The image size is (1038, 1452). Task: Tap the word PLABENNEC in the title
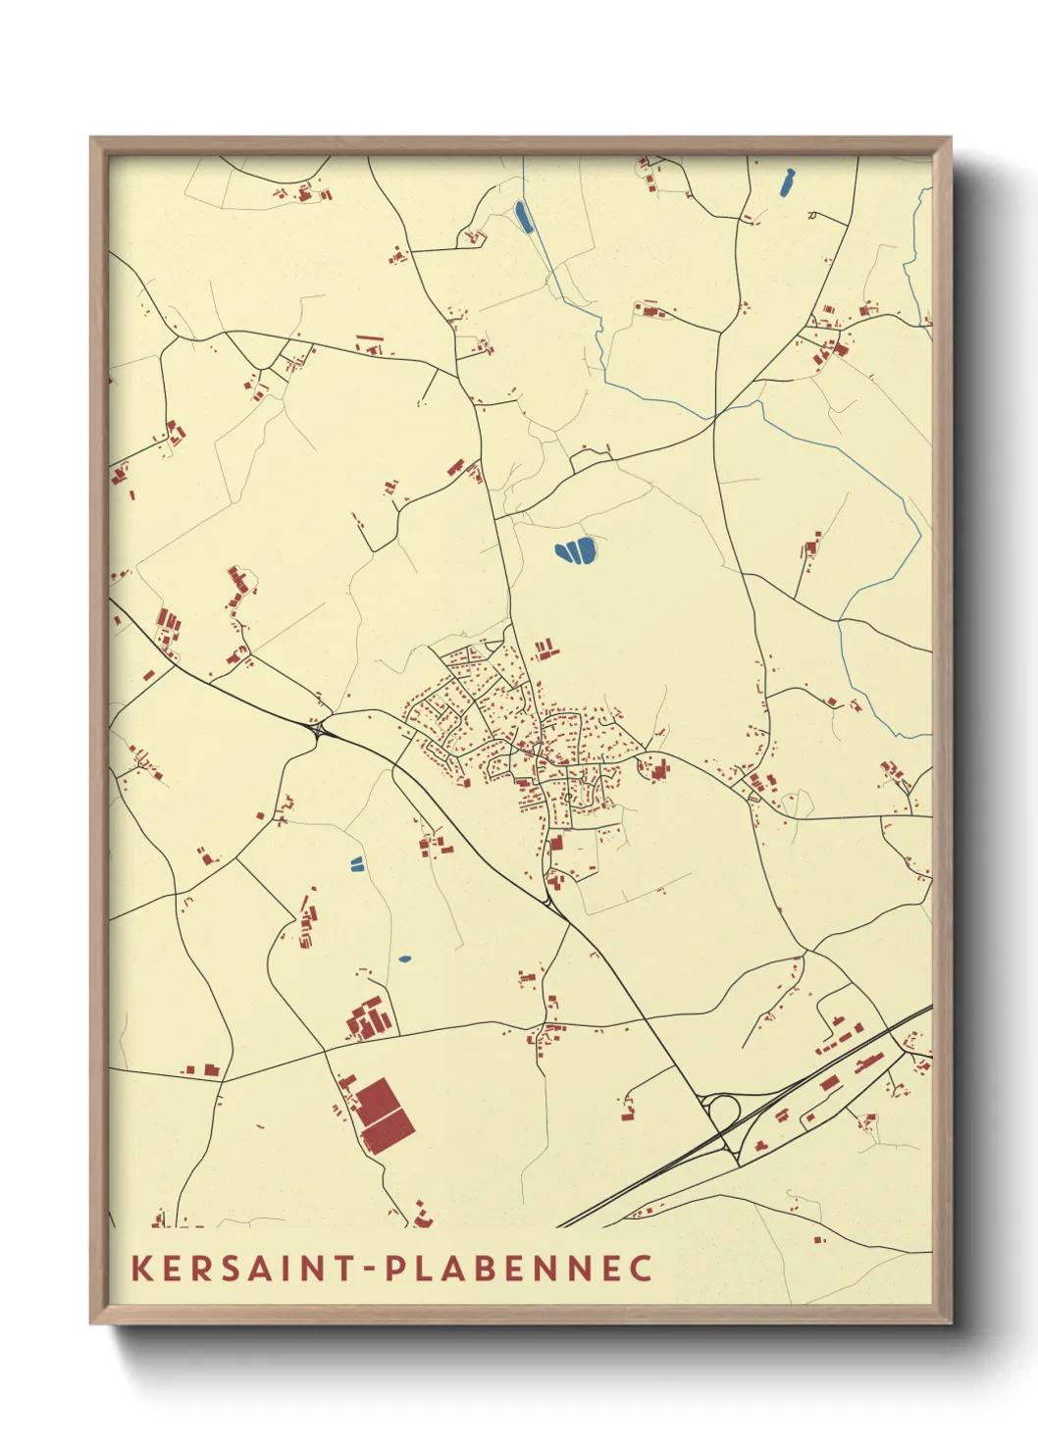click(x=518, y=1268)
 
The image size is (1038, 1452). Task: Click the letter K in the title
click(x=142, y=1268)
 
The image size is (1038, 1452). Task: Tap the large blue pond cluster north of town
click(x=576, y=551)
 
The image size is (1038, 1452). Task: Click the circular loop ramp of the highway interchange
click(x=724, y=1113)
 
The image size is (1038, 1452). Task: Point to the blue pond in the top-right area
click(x=785, y=182)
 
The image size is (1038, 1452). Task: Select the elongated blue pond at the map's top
click(x=523, y=217)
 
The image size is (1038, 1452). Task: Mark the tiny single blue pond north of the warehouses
click(x=405, y=959)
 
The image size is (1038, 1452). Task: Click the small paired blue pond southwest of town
click(x=356, y=864)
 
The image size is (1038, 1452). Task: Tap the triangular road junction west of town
click(x=320, y=729)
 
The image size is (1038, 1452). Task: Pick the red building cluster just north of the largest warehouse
click(x=369, y=1019)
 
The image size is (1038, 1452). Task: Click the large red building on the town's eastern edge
click(x=658, y=770)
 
